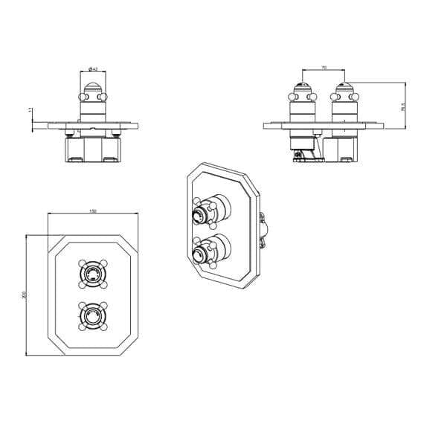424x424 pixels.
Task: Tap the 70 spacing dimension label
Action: coord(324,68)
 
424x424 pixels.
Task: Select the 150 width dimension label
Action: coord(92,212)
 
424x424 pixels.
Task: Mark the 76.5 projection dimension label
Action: coord(402,106)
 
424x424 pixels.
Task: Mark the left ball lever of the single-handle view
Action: coord(79,96)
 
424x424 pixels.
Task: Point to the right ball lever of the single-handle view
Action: coord(107,96)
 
